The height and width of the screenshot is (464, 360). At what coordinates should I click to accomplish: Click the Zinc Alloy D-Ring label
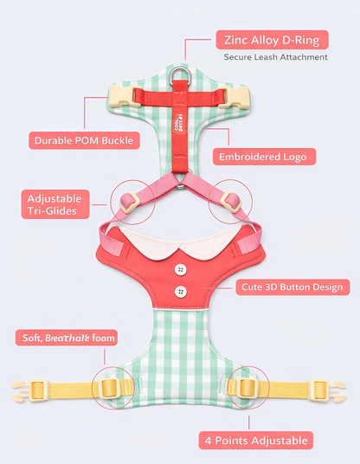point(272,40)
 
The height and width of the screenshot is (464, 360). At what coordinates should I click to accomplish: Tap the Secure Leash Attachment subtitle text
point(275,57)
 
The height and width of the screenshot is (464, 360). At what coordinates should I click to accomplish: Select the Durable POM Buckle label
point(84,140)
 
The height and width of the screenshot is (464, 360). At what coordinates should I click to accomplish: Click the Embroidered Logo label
point(264,157)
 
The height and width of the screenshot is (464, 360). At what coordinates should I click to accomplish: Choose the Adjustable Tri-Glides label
point(55,204)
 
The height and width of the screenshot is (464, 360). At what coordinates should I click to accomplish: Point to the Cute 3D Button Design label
point(292,287)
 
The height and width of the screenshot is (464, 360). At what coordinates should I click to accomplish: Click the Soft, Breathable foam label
point(67,338)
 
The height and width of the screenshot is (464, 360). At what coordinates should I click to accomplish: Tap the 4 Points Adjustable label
point(256,441)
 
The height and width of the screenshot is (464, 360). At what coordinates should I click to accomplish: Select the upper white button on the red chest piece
point(180,270)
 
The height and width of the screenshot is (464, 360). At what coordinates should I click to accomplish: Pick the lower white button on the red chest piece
point(181,292)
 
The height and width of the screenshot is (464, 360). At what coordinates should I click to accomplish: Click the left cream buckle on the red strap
point(124,96)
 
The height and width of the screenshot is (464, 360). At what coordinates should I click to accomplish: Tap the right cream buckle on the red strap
point(235,96)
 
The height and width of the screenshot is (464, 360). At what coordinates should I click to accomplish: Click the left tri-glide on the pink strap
point(130,203)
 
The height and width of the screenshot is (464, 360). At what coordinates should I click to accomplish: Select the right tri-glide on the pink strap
point(231,203)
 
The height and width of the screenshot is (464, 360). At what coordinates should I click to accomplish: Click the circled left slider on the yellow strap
point(111,388)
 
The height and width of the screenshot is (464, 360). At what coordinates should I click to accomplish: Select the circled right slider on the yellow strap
point(247,388)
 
